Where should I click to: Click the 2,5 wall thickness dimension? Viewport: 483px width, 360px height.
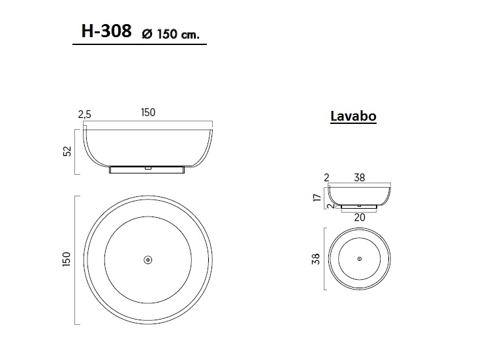(85, 114)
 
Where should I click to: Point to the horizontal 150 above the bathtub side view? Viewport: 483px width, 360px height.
(148, 113)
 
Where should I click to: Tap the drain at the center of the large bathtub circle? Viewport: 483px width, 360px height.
(148, 260)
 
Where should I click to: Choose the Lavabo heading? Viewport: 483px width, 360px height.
(353, 117)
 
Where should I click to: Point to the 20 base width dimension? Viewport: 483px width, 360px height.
(360, 218)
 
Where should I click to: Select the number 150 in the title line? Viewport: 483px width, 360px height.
(168, 34)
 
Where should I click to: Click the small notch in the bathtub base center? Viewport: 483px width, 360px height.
(148, 167)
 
